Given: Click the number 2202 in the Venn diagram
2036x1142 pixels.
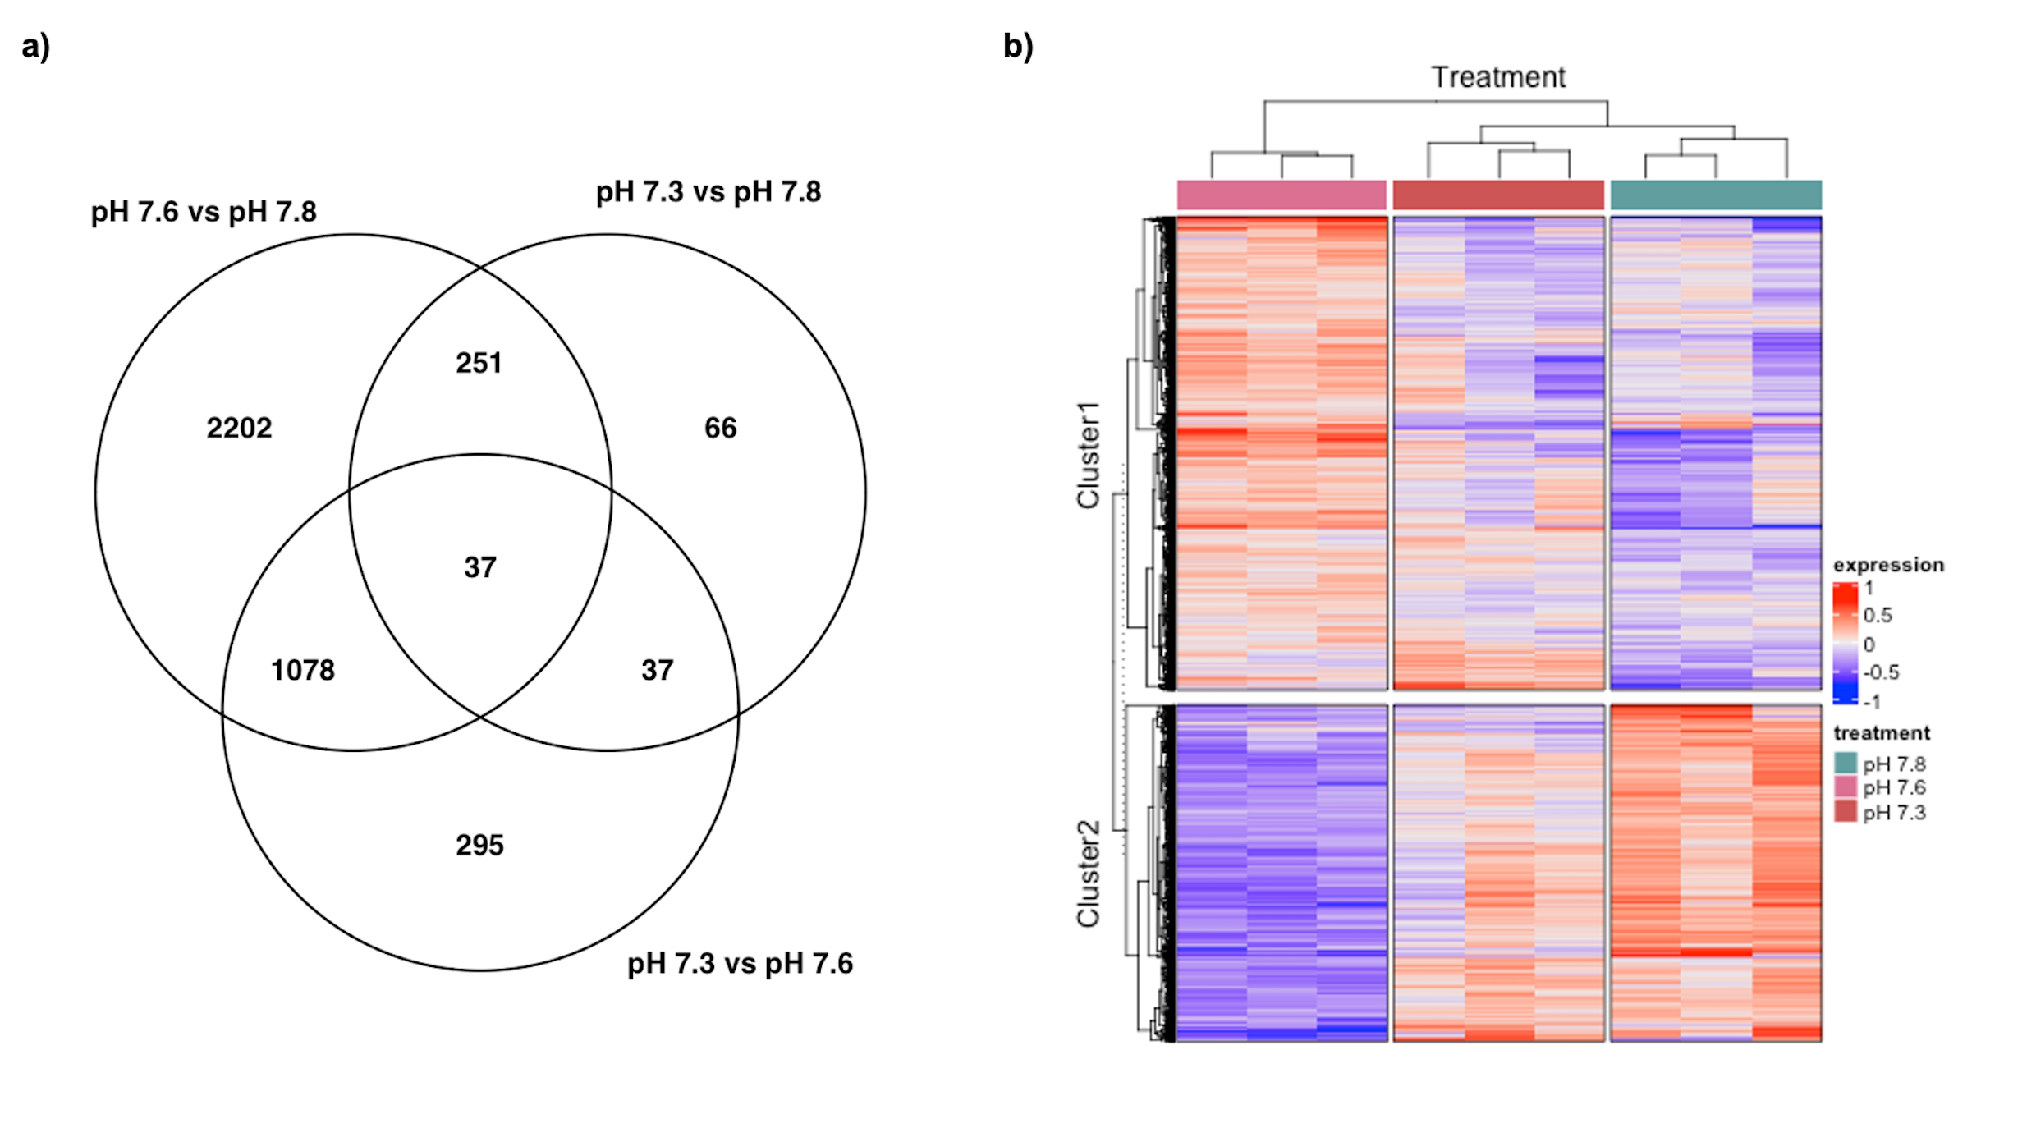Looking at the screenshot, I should [x=239, y=428].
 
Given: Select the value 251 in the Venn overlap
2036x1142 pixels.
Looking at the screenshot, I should [x=479, y=363].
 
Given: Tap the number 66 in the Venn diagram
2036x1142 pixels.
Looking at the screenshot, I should [x=720, y=428].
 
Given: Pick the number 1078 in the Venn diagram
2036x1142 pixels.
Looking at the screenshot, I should [x=303, y=670].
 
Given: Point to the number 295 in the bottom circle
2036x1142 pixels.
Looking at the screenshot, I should [x=479, y=845].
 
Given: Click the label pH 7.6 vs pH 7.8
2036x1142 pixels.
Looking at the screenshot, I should [x=203, y=212].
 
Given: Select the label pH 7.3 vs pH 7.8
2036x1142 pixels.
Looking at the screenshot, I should [x=708, y=192].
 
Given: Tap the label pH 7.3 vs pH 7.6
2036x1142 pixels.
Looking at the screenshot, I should [x=740, y=963].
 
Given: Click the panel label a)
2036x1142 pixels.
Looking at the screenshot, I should [x=35, y=46].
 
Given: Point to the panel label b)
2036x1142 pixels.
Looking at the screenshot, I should [x=1018, y=46].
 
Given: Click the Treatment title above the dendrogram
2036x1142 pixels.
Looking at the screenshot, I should [x=1498, y=77].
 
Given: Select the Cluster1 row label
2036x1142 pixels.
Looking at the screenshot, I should [x=1089, y=455].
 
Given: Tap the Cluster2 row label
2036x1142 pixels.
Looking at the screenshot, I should [x=1089, y=874].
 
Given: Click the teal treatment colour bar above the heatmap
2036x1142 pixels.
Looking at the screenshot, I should [x=1716, y=195].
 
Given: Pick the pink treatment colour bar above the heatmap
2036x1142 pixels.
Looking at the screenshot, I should [x=1282, y=195].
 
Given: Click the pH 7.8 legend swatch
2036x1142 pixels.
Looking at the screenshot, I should [x=1846, y=763].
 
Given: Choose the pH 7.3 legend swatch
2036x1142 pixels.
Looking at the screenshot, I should [x=1846, y=811].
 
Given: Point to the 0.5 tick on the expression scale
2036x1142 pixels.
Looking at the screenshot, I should [x=1878, y=615].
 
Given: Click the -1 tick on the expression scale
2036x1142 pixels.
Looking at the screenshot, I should [x=1872, y=701].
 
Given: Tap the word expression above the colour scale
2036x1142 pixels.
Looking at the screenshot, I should [x=1888, y=565].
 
